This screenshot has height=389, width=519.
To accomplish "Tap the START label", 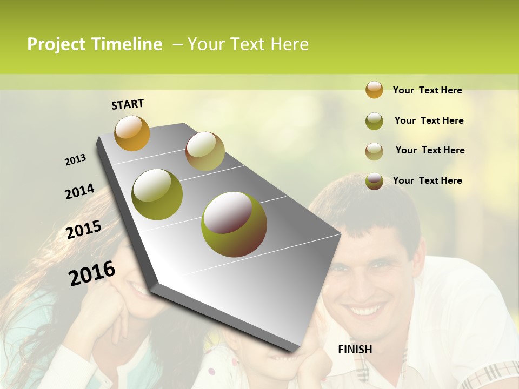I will (x=128, y=104).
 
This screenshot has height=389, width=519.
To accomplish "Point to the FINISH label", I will (x=355, y=350).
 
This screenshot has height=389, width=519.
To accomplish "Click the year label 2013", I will (x=75, y=160).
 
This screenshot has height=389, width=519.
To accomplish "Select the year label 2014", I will (x=79, y=191).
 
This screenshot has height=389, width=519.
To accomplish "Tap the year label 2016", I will (x=92, y=273).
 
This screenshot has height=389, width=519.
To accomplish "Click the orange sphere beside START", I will (x=132, y=133).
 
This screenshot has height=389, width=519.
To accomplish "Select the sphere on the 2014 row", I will (x=157, y=194).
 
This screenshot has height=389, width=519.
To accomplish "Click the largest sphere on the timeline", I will (x=234, y=224).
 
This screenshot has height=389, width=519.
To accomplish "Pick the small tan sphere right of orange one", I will (x=205, y=151).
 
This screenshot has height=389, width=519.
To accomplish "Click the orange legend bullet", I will (x=374, y=90).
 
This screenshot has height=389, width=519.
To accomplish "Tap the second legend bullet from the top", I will (x=374, y=121).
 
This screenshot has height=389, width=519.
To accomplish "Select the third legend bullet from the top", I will (x=374, y=151).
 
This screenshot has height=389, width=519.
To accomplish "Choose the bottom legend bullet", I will (x=374, y=181).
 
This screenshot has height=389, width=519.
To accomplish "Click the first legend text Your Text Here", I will (x=427, y=90).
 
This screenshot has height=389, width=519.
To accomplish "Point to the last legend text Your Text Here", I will (x=427, y=180).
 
